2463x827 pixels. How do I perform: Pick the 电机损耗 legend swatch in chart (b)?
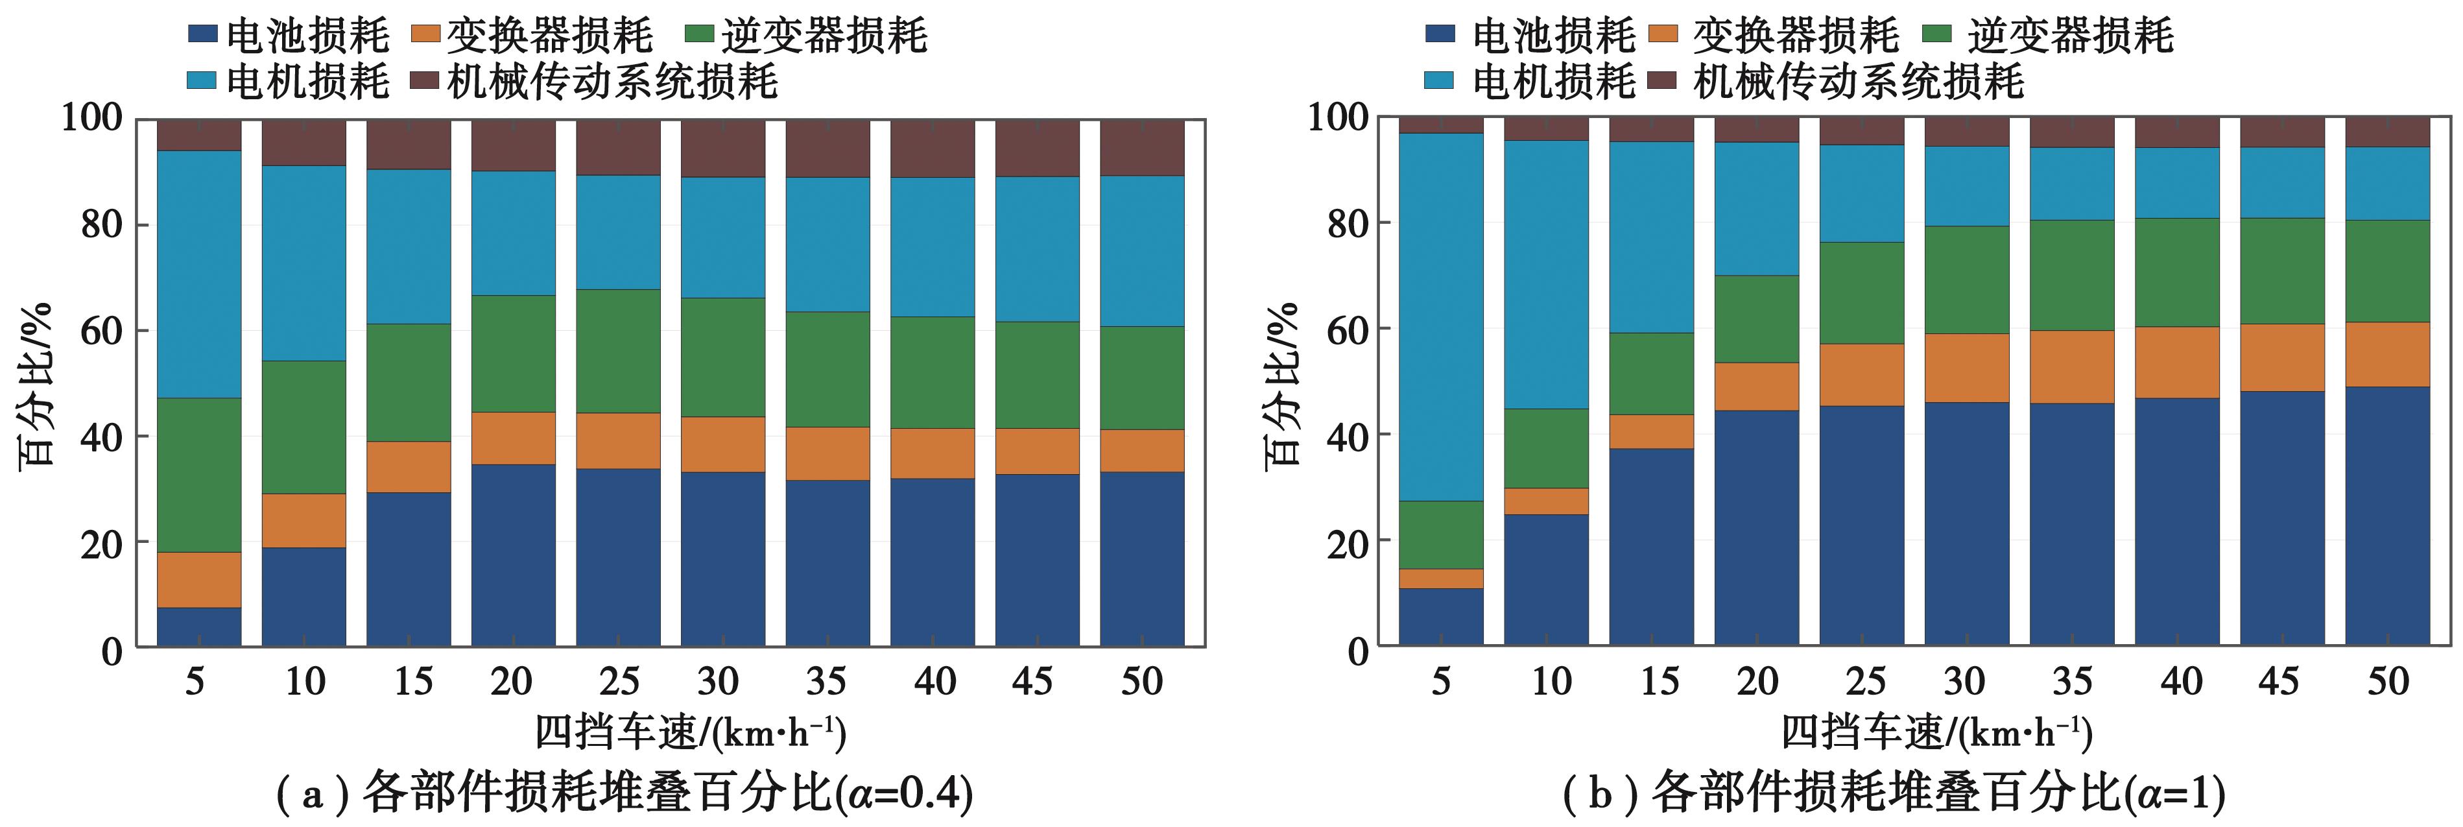pyautogui.click(x=1440, y=81)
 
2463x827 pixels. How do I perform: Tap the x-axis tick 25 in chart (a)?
pyautogui.click(x=619, y=682)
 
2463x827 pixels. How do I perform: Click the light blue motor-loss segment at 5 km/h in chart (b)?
pyautogui.click(x=1441, y=315)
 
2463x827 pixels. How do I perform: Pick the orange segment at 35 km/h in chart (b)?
pyautogui.click(x=2072, y=366)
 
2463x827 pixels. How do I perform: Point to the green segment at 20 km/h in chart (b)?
pyautogui.click(x=1756, y=318)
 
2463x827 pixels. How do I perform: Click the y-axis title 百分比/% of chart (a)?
pyautogui.click(x=36, y=385)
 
